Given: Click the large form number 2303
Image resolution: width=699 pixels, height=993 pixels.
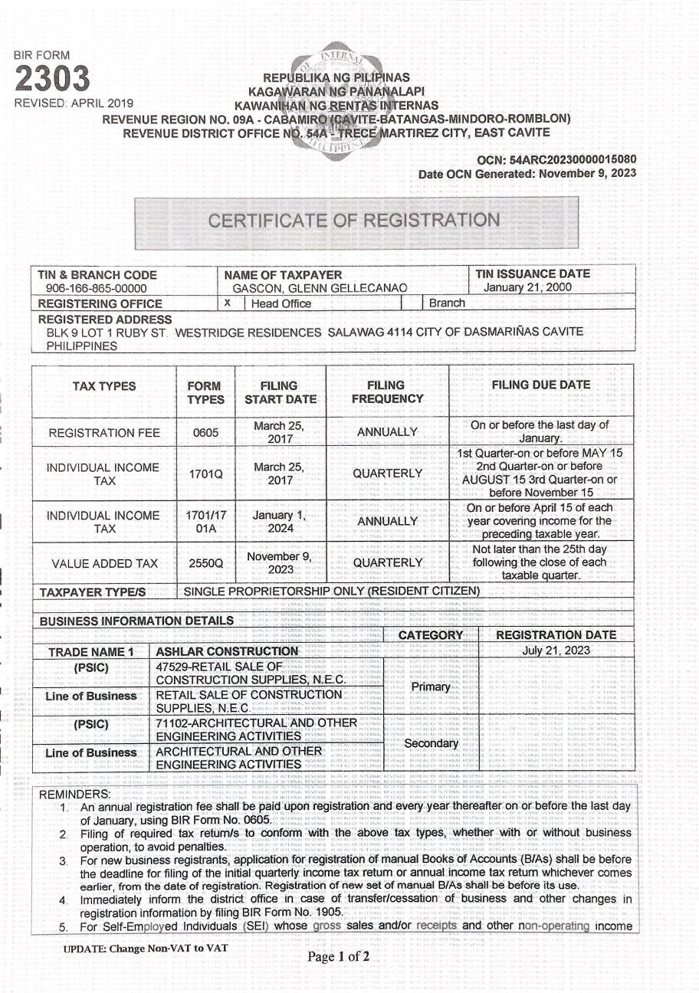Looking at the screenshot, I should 53,80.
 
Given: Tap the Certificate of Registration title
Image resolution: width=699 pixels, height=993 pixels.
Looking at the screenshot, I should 354,221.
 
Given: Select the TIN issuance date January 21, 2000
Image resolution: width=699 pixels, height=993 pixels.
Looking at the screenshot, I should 527,287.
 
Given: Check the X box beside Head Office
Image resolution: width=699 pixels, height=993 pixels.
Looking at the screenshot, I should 227,303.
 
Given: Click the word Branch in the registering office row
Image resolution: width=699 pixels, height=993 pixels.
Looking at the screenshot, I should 447,303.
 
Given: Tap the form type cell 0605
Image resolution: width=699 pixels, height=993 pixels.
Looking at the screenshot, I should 205,433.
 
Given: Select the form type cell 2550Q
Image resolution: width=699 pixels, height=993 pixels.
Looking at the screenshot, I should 205,564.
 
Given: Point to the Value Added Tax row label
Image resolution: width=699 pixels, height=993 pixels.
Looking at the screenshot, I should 104,564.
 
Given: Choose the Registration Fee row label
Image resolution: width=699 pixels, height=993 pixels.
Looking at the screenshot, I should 104,433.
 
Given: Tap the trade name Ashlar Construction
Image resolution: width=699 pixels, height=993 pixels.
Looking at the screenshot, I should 215,651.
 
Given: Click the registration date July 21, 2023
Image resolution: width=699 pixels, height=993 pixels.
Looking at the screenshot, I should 556,651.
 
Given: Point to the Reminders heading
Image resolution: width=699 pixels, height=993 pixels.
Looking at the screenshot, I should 74,794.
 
